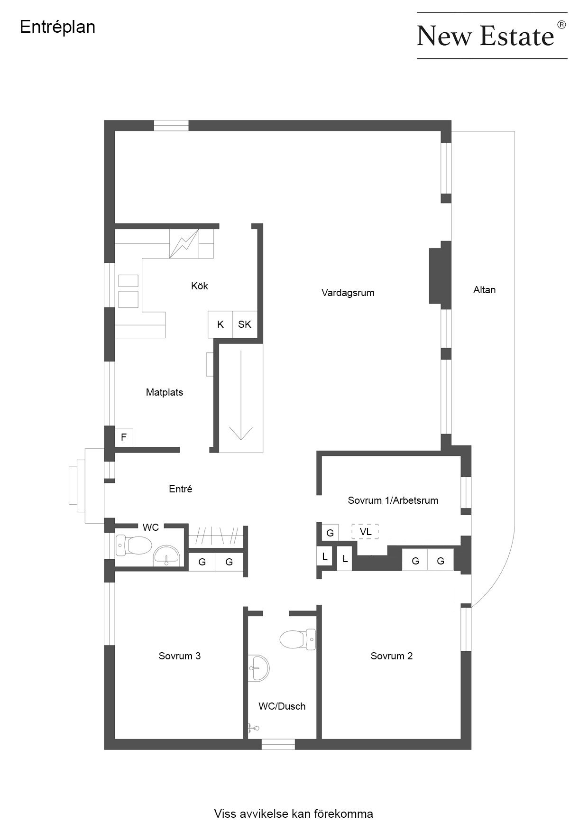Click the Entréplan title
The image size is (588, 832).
click(57, 27)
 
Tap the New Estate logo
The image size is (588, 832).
click(492, 35)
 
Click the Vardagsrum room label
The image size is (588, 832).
click(348, 293)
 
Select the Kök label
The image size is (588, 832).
click(199, 286)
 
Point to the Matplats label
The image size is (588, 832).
click(164, 392)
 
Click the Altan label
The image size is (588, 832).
click(484, 290)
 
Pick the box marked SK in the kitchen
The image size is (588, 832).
click(245, 324)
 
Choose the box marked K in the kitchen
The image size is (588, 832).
click(220, 324)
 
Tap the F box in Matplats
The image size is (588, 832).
click(124, 437)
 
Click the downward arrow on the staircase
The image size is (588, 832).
click(241, 395)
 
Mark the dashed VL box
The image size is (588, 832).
click(365, 532)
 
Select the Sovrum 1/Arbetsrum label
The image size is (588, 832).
click(393, 500)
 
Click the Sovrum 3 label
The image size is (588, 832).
click(179, 656)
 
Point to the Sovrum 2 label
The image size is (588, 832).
click(391, 656)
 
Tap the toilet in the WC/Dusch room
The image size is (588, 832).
click(298, 639)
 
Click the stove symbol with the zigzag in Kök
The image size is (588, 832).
click(184, 244)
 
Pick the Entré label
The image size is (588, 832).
click(180, 489)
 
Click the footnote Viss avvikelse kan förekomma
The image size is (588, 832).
click(294, 814)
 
